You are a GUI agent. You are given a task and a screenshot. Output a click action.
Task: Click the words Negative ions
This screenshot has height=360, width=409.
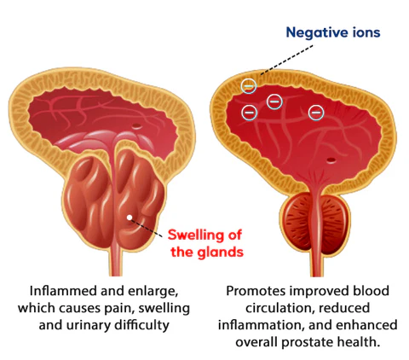(x=333, y=32)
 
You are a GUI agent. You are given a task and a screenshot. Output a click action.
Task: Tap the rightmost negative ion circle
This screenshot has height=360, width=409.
(x=316, y=113)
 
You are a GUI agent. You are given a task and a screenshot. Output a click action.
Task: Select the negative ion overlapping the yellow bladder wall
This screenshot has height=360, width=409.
(x=249, y=86)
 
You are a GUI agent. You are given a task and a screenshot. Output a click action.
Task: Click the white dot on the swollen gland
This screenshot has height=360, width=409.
(x=130, y=218)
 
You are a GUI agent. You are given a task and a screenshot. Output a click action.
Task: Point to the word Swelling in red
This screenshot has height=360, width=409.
(x=196, y=235)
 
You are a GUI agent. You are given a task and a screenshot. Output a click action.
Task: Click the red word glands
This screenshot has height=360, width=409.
(x=221, y=252)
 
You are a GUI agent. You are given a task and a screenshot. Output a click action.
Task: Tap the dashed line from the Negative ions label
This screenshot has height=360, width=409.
(x=287, y=60)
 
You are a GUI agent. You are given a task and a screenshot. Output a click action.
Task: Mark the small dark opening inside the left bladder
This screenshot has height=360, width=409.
(x=137, y=125)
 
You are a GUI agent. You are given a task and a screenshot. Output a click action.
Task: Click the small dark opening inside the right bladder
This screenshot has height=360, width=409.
(x=331, y=160)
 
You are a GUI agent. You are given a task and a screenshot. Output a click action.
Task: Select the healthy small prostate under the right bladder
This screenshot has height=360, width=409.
(x=315, y=224)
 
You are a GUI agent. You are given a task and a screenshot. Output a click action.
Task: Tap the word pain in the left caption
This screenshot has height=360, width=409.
(x=120, y=309)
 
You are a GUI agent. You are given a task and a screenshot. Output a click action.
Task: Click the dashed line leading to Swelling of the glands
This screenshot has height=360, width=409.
(x=147, y=228)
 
